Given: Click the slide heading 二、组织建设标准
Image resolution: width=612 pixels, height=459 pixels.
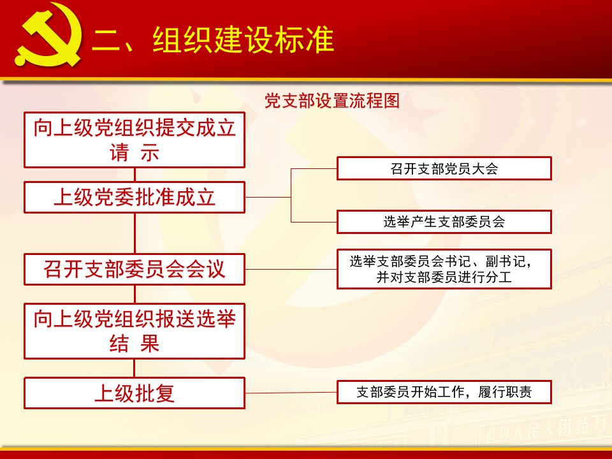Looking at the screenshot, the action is [213, 40].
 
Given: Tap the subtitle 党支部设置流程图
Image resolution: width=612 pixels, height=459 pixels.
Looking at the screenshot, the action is [332, 101].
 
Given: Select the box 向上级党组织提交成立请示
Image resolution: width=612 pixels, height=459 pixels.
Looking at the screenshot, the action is [135, 140].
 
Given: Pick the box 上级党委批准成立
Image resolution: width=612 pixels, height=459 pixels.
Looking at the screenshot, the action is [135, 197].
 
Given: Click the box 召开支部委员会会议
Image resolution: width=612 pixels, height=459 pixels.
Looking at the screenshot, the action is [135, 269].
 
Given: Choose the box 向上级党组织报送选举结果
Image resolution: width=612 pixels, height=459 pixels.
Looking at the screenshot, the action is [135, 331].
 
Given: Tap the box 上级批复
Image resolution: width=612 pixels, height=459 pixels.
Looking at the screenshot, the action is [135, 393].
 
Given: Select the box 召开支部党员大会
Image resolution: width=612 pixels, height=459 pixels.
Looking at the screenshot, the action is [444, 168].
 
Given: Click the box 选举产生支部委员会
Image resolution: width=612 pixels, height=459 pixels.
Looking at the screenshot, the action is [444, 222].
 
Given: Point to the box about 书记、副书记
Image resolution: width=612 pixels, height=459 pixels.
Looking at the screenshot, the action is [444, 269].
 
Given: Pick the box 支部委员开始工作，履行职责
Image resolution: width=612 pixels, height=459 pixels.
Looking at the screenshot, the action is [444, 392].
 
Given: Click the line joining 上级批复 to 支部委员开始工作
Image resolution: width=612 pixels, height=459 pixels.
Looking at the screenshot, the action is [291, 393].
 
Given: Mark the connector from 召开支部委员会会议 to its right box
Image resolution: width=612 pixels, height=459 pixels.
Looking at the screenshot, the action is [291, 269].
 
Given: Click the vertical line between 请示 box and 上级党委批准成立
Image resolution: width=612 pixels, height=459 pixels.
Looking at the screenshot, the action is [135, 175].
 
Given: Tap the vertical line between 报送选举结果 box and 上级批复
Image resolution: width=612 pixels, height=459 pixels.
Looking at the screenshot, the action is [135, 368].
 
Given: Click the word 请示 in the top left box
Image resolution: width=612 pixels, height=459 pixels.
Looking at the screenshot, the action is [135, 152].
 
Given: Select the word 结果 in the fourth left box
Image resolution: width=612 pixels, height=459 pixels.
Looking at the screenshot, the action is [135, 344].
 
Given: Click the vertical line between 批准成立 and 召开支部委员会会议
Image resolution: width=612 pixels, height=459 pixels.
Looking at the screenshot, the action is [135, 233].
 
